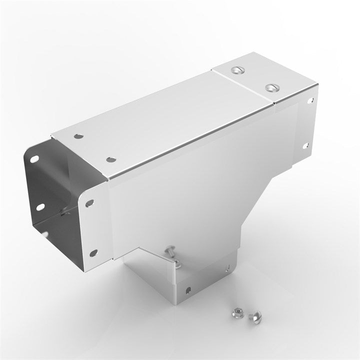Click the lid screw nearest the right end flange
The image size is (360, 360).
(272, 87)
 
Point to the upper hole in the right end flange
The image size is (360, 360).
(311, 100)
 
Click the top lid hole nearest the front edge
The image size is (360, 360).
(110, 159)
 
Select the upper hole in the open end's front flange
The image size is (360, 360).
(89, 203)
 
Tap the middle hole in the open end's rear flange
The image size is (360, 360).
(38, 206)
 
